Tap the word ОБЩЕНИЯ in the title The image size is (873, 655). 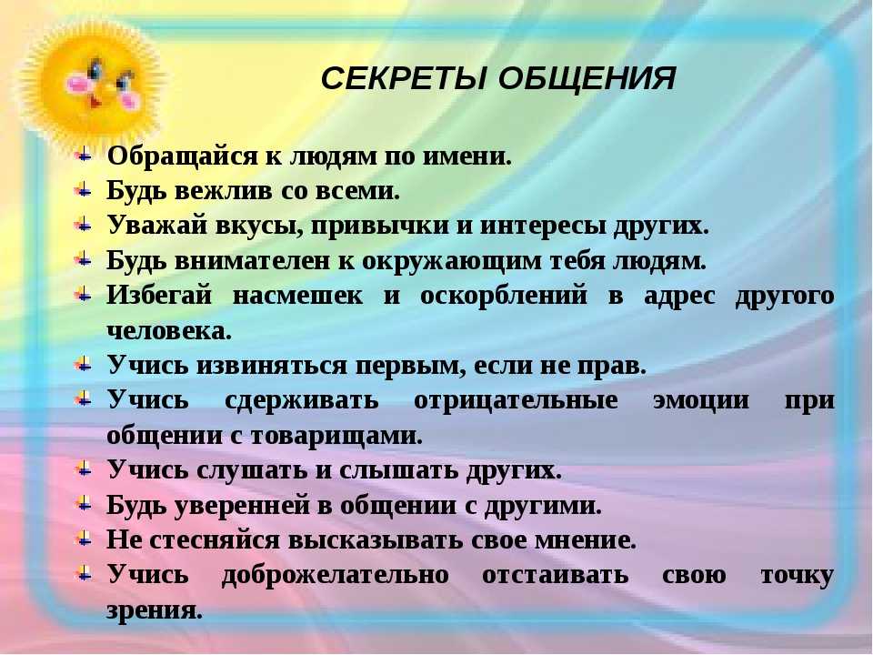pyautogui.click(x=587, y=78)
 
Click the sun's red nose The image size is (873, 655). pyautogui.click(x=95, y=103)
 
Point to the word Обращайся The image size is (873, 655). pyautogui.click(x=183, y=156)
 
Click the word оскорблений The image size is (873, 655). pyautogui.click(x=503, y=295)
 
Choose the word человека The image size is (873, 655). pyautogui.click(x=169, y=331)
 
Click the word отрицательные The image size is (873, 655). pyautogui.click(x=516, y=400)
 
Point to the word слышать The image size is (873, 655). pyautogui.click(x=397, y=470)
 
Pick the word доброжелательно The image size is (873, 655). pyautogui.click(x=336, y=575)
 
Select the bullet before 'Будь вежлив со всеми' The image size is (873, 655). pyautogui.click(x=83, y=190)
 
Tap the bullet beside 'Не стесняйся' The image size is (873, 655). pyautogui.click(x=83, y=539)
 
